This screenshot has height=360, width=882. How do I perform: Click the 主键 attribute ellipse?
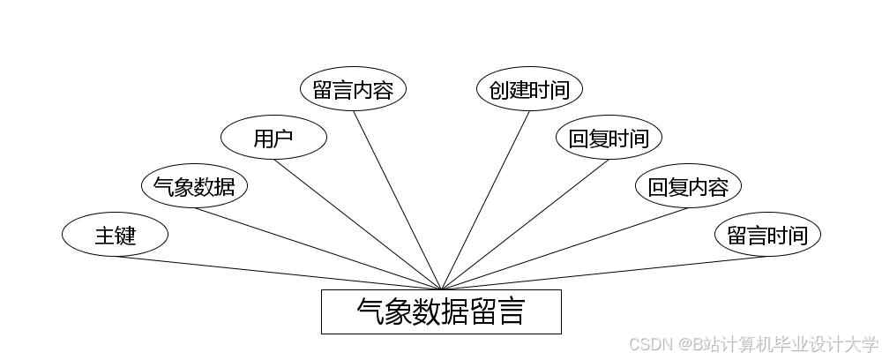coord(115,236)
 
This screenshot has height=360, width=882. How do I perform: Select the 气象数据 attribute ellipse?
coord(194,186)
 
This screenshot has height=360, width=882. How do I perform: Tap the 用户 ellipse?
coord(273,138)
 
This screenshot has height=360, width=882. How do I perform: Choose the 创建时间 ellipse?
coord(529,90)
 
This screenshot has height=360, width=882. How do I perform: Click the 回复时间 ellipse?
coord(609,138)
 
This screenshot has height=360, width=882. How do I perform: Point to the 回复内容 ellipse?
coord(688,186)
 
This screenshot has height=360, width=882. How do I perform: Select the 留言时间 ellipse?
coord(767,236)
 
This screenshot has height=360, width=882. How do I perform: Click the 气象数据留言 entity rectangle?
coord(441,311)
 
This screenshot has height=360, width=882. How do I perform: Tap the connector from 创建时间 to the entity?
coord(485,200)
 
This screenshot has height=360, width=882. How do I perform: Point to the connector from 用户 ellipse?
coord(357,224)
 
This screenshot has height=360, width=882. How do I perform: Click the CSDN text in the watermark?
coord(648,343)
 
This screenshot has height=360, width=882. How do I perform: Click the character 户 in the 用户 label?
coord(284,138)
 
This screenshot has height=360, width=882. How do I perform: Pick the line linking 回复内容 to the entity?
coord(564,249)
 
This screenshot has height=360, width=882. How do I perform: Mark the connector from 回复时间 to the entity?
coord(525,224)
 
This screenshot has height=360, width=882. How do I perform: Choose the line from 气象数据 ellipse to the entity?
coord(318,249)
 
